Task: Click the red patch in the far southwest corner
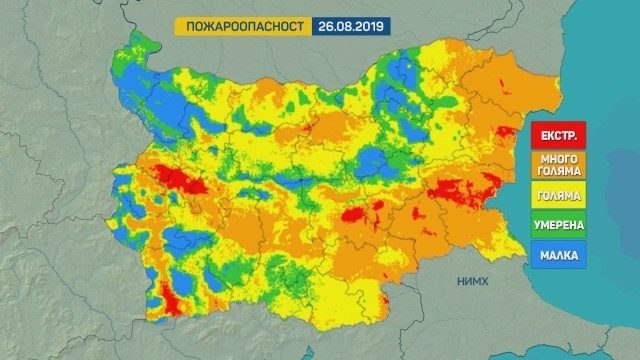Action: point(170,300)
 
